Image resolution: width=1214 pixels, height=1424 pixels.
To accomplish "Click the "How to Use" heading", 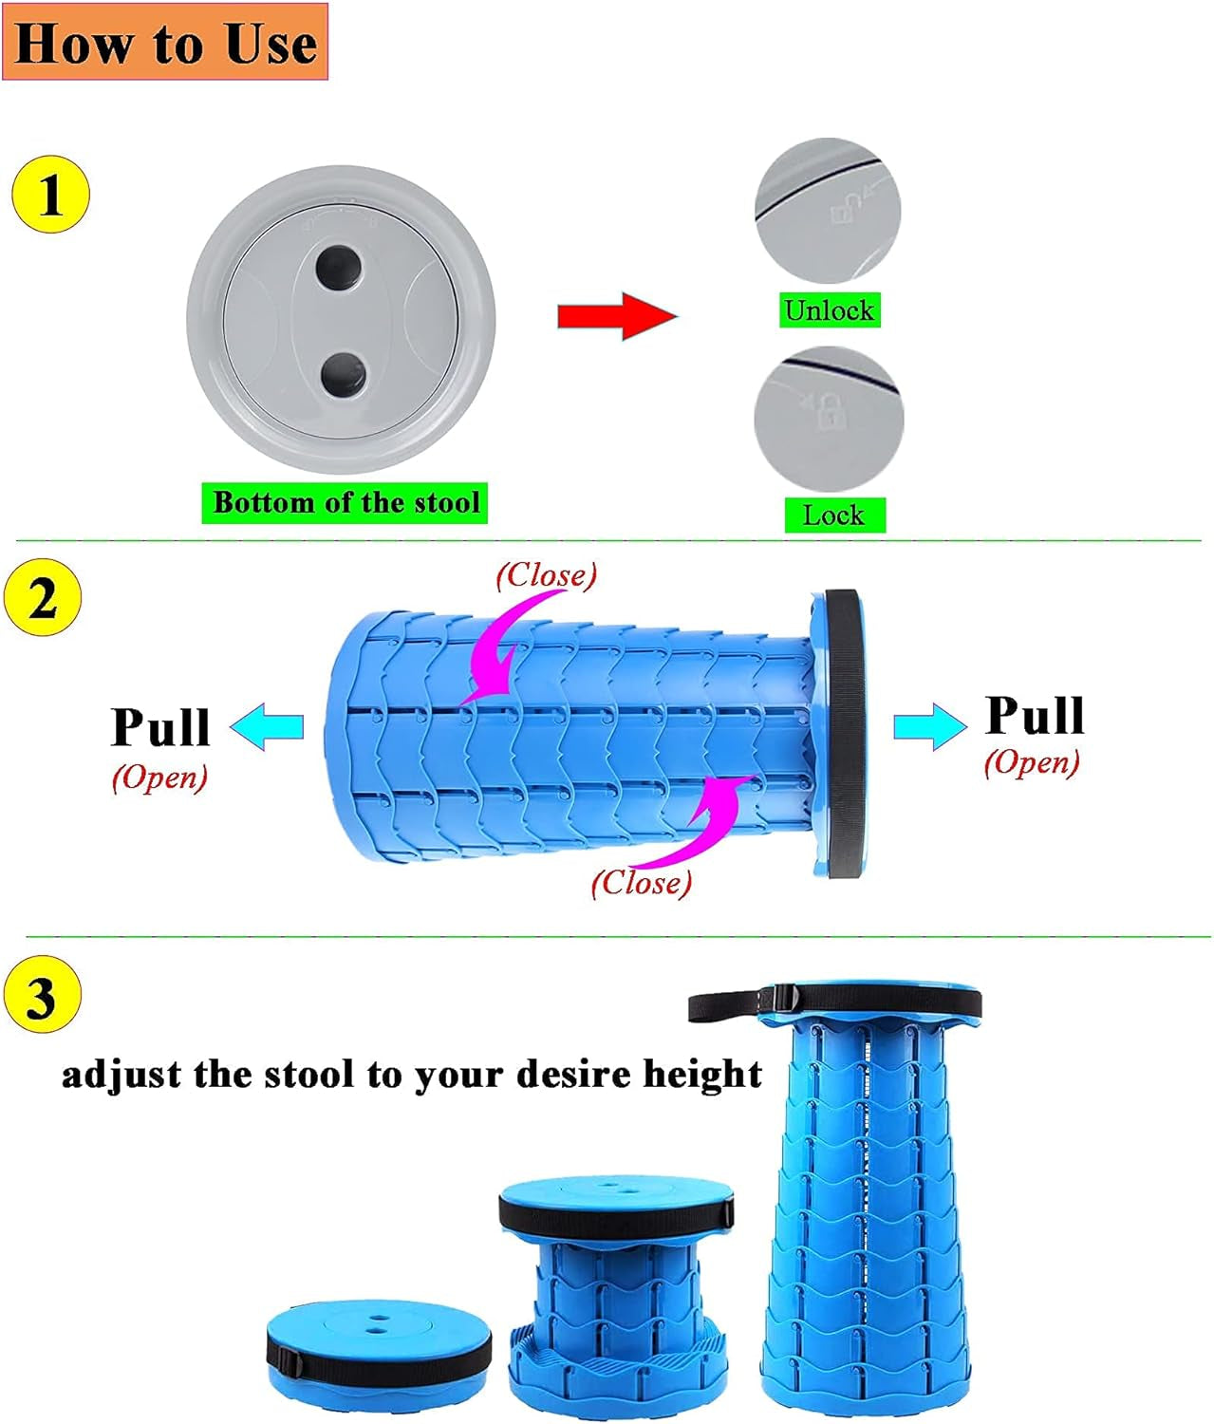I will click(x=165, y=43).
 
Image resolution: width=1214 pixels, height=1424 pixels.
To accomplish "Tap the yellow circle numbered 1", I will click(x=49, y=196).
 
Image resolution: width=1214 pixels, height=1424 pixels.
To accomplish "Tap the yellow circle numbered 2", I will click(x=42, y=599).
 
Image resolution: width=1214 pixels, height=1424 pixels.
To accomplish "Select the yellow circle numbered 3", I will click(x=42, y=998).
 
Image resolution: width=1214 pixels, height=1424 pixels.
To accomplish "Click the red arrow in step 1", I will click(x=617, y=315).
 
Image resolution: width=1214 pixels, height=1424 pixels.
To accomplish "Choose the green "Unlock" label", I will click(x=829, y=310).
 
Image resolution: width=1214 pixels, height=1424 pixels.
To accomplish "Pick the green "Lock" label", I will click(x=833, y=515).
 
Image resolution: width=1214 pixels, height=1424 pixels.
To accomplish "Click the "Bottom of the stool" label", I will click(x=346, y=502).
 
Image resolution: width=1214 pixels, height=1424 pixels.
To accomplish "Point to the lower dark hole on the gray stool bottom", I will click(x=343, y=375).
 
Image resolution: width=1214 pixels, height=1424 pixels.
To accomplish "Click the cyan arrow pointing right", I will click(x=929, y=727).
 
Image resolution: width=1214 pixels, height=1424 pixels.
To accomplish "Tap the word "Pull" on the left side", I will click(x=160, y=728).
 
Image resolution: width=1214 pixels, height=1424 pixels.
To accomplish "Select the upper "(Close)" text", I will click(x=547, y=574).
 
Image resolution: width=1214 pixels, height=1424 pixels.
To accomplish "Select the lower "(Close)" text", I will click(x=642, y=883).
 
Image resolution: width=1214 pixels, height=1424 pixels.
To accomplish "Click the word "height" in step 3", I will click(x=702, y=1075).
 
